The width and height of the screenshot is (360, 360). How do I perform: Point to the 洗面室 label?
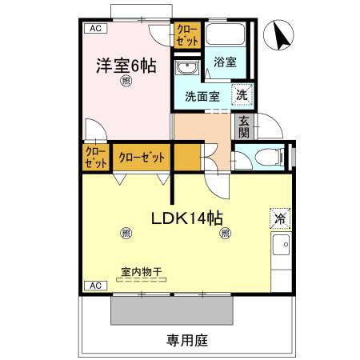click(x=202, y=96)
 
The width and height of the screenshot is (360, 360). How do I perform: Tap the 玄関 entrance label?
click(x=242, y=126)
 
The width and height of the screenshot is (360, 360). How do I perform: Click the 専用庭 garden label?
click(x=187, y=340)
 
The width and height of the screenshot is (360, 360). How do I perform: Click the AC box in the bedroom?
click(x=95, y=29)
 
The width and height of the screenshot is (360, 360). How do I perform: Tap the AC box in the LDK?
click(x=95, y=286)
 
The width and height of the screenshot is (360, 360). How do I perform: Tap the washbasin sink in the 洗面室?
click(x=189, y=66)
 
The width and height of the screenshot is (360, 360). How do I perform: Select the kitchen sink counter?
click(x=281, y=256)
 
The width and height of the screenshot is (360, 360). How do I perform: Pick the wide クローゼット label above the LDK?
click(x=142, y=157)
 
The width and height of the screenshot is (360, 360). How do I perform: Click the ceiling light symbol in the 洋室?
click(x=126, y=82)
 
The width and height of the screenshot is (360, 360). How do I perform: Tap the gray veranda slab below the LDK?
click(x=171, y=307)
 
